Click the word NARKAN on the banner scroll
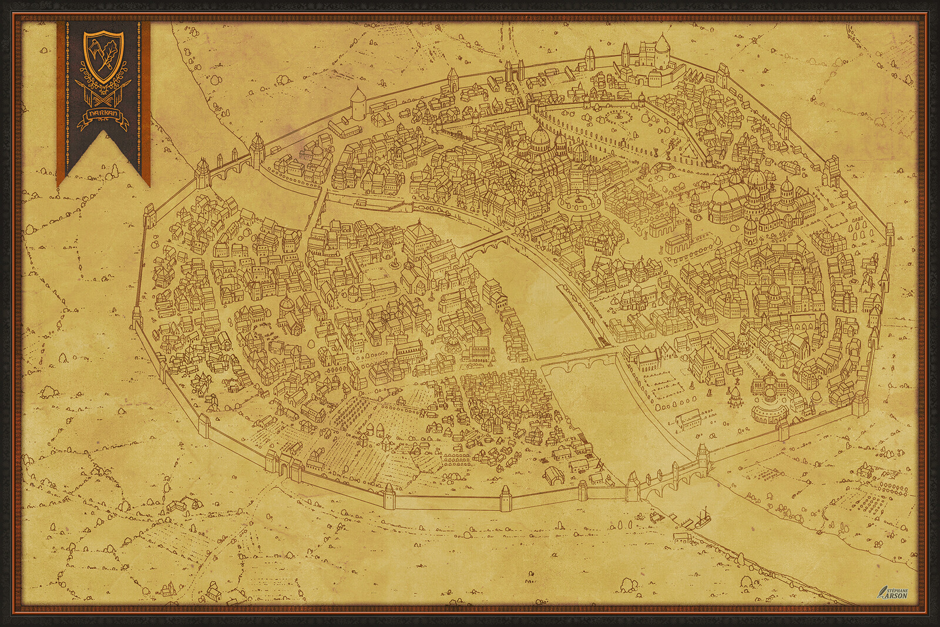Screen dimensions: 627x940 click(x=102, y=114)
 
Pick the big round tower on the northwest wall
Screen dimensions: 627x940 click(x=357, y=102)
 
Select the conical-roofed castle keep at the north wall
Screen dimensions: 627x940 click(x=662, y=51)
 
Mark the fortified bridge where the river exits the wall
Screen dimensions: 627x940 click(x=670, y=482)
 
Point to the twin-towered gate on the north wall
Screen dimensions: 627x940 click(x=512, y=73)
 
